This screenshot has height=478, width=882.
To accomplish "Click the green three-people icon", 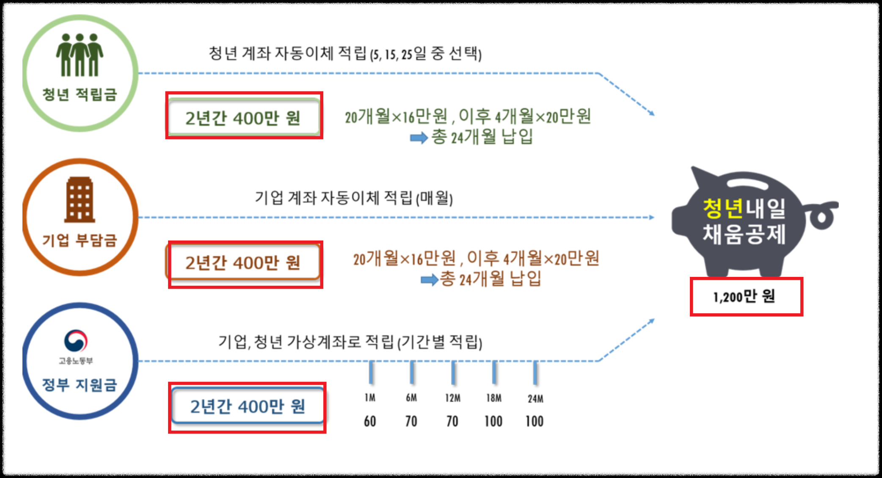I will [x=80, y=55].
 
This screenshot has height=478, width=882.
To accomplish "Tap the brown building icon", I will [x=80, y=200].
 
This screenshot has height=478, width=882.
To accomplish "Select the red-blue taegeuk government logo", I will [x=76, y=341].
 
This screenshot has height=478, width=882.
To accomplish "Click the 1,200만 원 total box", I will [x=746, y=297].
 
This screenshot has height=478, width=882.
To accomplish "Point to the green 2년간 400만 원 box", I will [x=244, y=117].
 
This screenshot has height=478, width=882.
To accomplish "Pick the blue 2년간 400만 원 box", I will [x=248, y=406].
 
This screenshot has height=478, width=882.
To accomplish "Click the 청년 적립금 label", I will [x=80, y=94].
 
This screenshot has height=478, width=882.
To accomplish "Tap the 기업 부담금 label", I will [x=80, y=240].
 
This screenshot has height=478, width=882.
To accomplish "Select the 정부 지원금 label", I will [x=80, y=384].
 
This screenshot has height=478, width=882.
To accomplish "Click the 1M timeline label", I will [x=370, y=398].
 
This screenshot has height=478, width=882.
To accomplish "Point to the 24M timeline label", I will [x=535, y=398].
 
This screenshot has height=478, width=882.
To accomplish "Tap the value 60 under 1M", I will [x=370, y=421].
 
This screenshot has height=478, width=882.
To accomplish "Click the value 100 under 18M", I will [x=493, y=421].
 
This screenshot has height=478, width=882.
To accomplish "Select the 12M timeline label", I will [x=452, y=398].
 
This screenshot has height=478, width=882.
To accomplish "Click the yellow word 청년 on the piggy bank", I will [x=723, y=208].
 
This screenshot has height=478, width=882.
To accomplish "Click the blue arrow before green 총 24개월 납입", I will [x=419, y=138].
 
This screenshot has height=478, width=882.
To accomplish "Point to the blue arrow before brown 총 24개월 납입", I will [x=429, y=279].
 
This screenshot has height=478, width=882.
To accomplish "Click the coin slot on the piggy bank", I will [x=747, y=183].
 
